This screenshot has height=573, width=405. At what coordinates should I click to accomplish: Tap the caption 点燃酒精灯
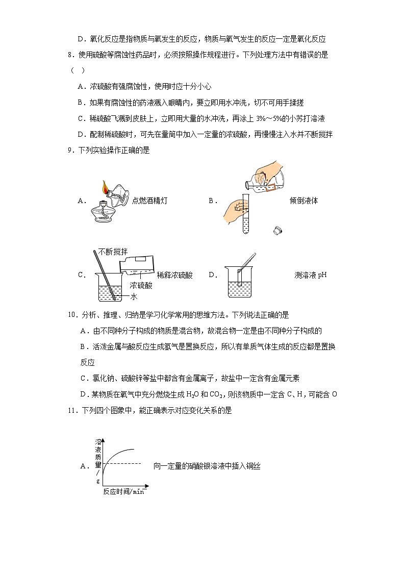[149, 201]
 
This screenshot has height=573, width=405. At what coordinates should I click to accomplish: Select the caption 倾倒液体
[303, 201]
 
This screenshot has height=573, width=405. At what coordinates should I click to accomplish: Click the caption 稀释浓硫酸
[175, 275]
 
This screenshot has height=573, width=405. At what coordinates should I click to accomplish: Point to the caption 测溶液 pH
[310, 275]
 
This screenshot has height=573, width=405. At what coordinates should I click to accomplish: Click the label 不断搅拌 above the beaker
[113, 252]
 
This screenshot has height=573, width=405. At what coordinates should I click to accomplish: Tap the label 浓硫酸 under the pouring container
[141, 286]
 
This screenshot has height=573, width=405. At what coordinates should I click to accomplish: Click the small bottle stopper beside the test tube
[277, 231]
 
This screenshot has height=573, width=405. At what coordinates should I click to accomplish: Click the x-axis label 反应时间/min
[123, 491]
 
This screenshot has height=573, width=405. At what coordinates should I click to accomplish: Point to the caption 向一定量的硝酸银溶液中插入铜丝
[207, 466]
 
